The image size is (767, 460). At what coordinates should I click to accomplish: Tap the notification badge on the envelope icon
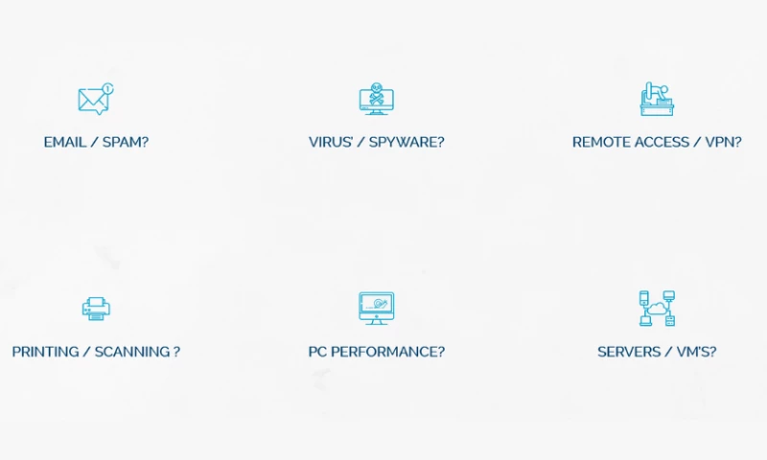pyautogui.click(x=108, y=88)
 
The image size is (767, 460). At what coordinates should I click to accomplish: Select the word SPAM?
pyautogui.click(x=126, y=142)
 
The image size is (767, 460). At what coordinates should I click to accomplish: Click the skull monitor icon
pyautogui.click(x=376, y=99)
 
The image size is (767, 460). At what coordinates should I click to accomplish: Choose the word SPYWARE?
pyautogui.click(x=407, y=142)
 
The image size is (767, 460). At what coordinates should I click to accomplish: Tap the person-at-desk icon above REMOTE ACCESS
pyautogui.click(x=657, y=99)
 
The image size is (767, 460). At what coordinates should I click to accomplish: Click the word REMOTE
pyautogui.click(x=601, y=142)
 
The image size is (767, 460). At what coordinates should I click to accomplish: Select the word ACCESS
pyautogui.click(x=662, y=142)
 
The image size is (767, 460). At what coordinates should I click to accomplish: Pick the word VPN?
pyautogui.click(x=724, y=142)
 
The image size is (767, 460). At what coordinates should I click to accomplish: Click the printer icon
pyautogui.click(x=96, y=309)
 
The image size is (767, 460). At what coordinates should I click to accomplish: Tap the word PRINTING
pyautogui.click(x=45, y=352)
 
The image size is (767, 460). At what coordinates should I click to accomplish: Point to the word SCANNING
pyautogui.click(x=132, y=352)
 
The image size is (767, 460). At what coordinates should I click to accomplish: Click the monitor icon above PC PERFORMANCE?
pyautogui.click(x=376, y=308)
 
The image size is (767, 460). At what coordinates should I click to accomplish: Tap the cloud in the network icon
pyautogui.click(x=657, y=309)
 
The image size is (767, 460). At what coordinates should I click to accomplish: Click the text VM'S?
pyautogui.click(x=697, y=352)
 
